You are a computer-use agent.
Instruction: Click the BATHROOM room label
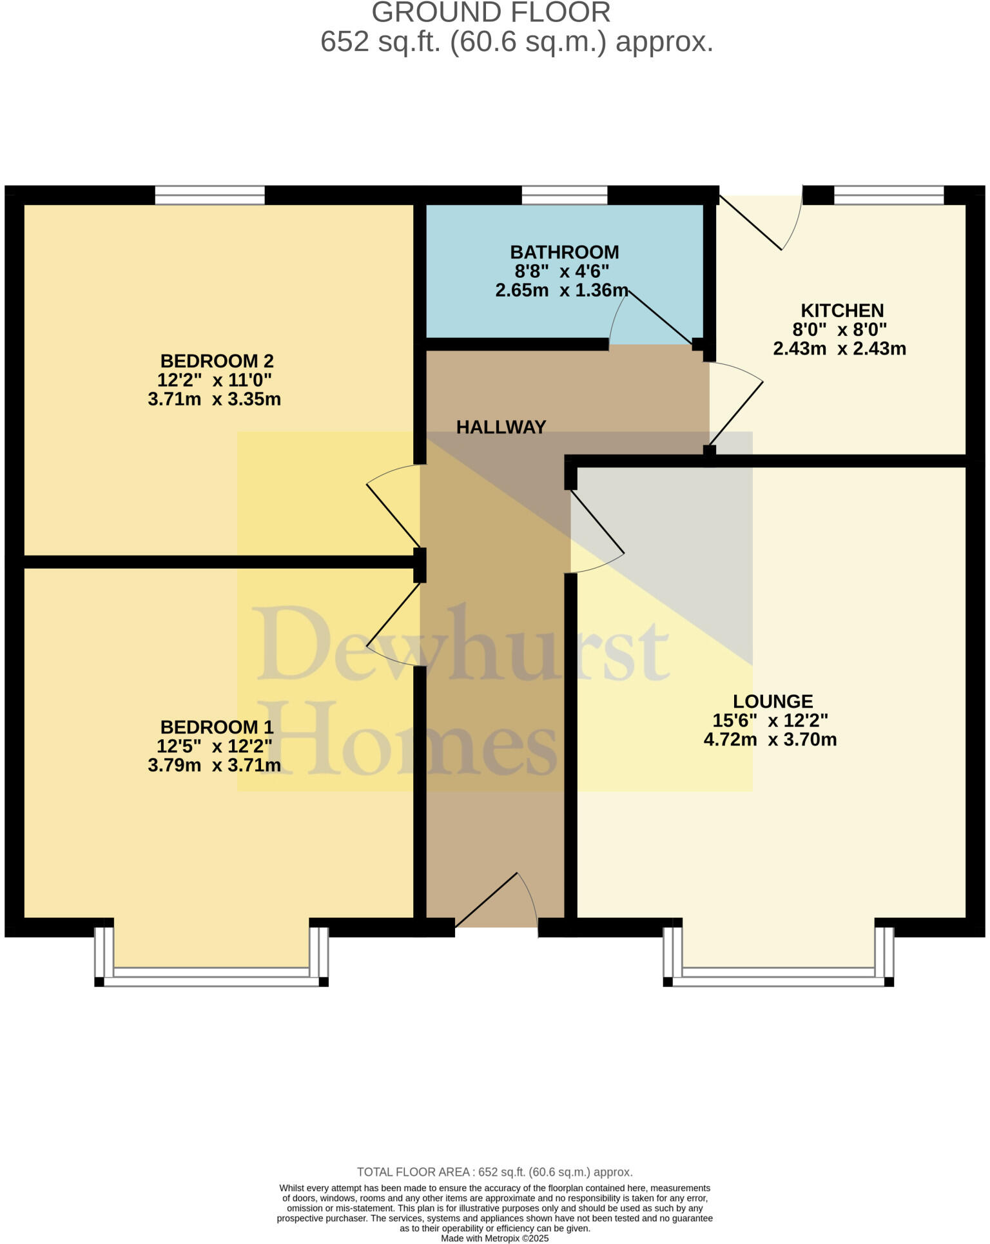564,252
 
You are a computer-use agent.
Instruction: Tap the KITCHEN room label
842,310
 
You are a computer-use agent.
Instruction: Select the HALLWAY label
501,427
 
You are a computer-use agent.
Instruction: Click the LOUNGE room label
773,701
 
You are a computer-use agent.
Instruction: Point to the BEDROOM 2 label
217,360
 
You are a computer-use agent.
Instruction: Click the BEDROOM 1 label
217,727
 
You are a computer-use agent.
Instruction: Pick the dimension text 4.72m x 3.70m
770,739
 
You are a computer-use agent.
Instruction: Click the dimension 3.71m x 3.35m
214,399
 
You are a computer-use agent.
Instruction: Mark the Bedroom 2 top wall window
210,195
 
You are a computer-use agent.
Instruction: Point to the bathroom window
564,195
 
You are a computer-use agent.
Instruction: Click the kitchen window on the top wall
889,195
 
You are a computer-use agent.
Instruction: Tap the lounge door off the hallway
596,525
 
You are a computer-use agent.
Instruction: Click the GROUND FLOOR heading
490,13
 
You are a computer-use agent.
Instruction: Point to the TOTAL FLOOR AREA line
494,1172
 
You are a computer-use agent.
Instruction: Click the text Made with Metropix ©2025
494,1238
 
